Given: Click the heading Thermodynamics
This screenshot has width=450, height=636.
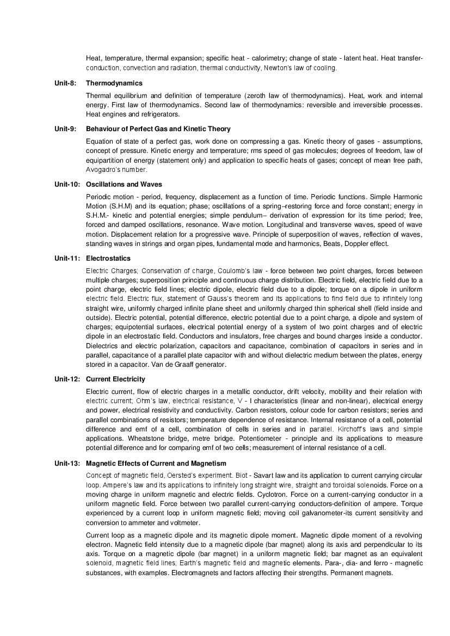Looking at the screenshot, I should click(114, 83).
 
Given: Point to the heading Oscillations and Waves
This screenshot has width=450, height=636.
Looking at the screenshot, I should click(124, 184).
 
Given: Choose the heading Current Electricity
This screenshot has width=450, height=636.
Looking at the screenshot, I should click(115, 379).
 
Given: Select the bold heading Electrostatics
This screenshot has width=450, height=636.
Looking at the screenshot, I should click(108, 258).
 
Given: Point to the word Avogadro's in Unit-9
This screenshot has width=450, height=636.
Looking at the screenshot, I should click(102, 170).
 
